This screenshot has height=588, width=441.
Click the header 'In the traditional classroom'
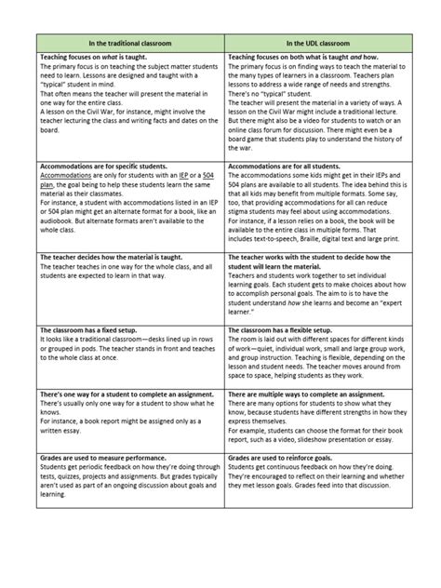pyautogui.click(x=130, y=43)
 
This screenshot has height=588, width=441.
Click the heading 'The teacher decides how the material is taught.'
pyautogui.click(x=111, y=255)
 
